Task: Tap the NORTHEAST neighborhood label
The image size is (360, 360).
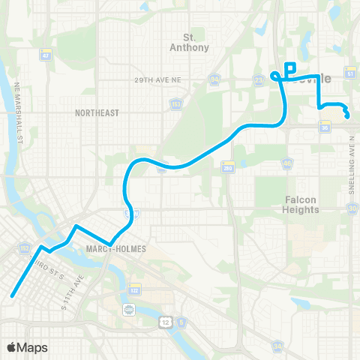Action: [97, 112]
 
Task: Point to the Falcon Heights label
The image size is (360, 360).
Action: [301, 204]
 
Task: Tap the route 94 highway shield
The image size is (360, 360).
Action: [214, 77]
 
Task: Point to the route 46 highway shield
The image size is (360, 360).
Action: [287, 162]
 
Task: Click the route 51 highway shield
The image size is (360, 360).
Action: [349, 73]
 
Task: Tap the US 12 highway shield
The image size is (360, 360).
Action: [163, 322]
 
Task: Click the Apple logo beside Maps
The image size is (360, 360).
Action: [12, 347]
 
